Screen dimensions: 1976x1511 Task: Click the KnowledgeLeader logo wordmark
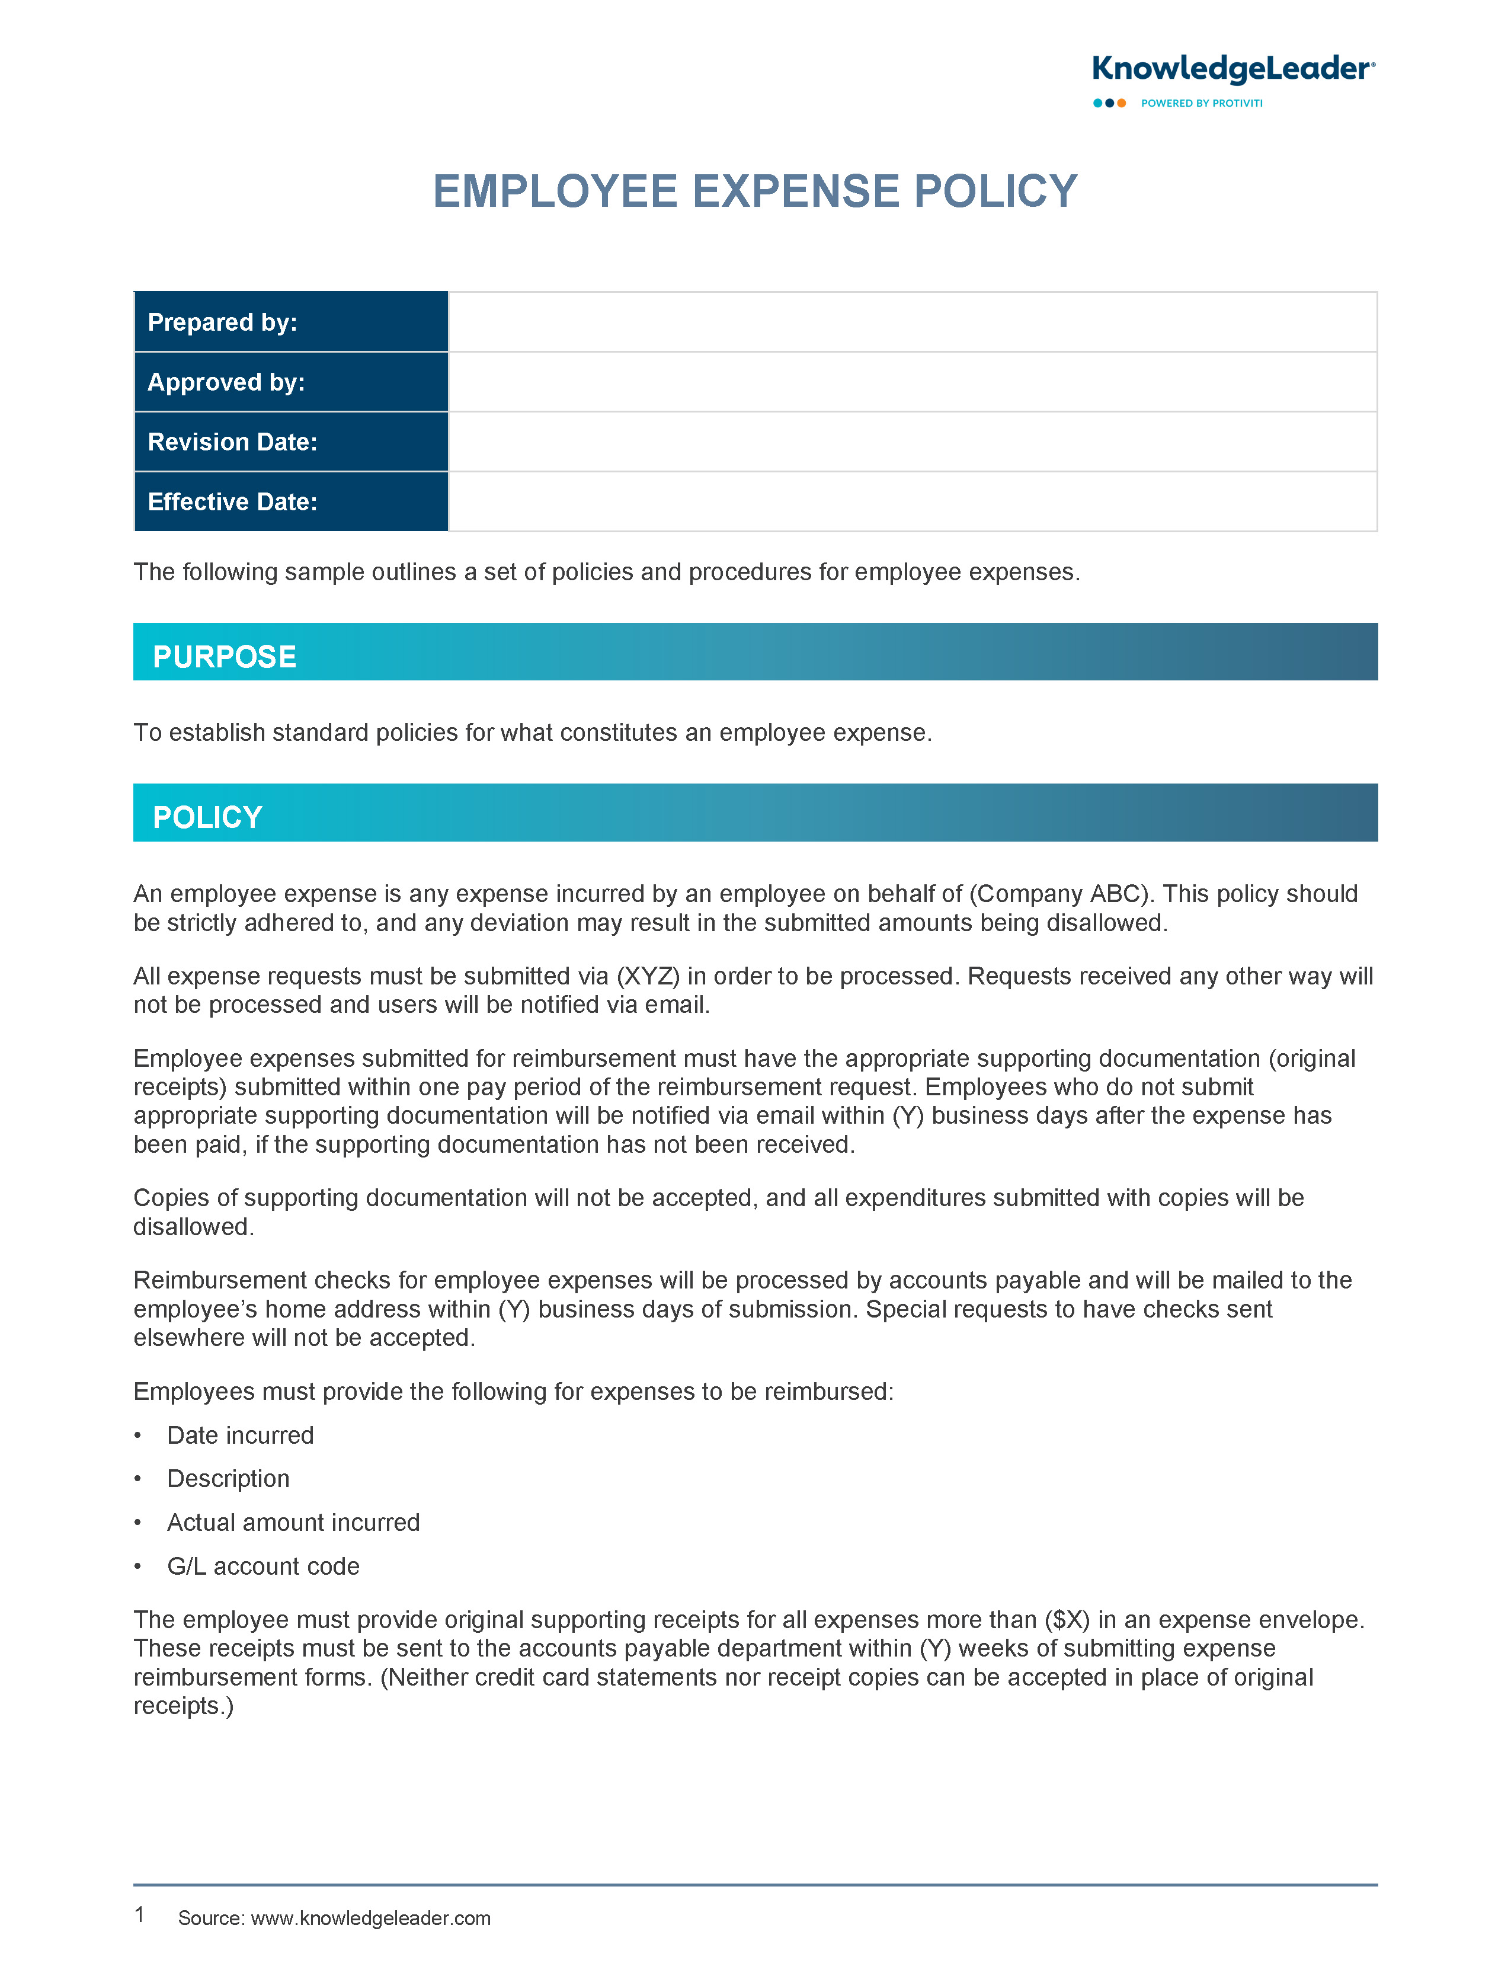click(x=1232, y=69)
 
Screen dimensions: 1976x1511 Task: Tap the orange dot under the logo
click(x=1122, y=104)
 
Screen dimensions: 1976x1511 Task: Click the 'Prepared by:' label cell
click(x=290, y=322)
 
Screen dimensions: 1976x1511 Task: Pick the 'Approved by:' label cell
click(x=290, y=382)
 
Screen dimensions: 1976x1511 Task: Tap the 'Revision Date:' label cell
click(x=290, y=442)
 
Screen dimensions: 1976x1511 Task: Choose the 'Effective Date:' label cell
click(x=290, y=502)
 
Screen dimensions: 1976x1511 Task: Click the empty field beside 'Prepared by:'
click(x=912, y=322)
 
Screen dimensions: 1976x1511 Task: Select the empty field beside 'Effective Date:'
click(x=912, y=502)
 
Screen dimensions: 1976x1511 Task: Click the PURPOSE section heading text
click(x=224, y=657)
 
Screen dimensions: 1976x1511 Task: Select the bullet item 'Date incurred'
click(x=240, y=1435)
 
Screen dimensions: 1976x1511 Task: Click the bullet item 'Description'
click(x=229, y=1479)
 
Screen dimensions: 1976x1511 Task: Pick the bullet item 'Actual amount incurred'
click(x=293, y=1523)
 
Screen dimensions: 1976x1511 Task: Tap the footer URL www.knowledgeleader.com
click(x=370, y=1919)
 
